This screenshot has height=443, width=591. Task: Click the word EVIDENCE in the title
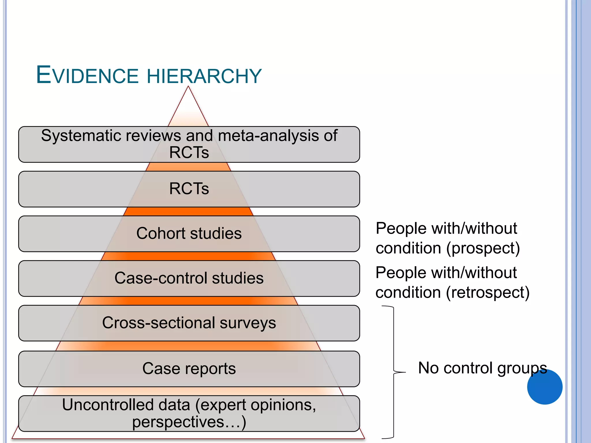[87, 76]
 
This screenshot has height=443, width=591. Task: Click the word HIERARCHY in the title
[204, 76]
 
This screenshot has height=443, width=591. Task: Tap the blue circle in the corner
[545, 387]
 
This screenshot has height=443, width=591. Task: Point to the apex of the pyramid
[188, 87]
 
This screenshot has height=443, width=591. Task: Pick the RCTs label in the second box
[189, 189]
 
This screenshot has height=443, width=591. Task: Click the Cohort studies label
[189, 233]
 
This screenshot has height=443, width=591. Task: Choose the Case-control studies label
[189, 278]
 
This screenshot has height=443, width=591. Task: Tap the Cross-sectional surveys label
[189, 323]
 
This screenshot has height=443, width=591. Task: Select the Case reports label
[189, 369]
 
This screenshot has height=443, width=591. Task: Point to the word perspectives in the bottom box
[178, 422]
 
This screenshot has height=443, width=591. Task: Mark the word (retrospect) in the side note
[488, 292]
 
